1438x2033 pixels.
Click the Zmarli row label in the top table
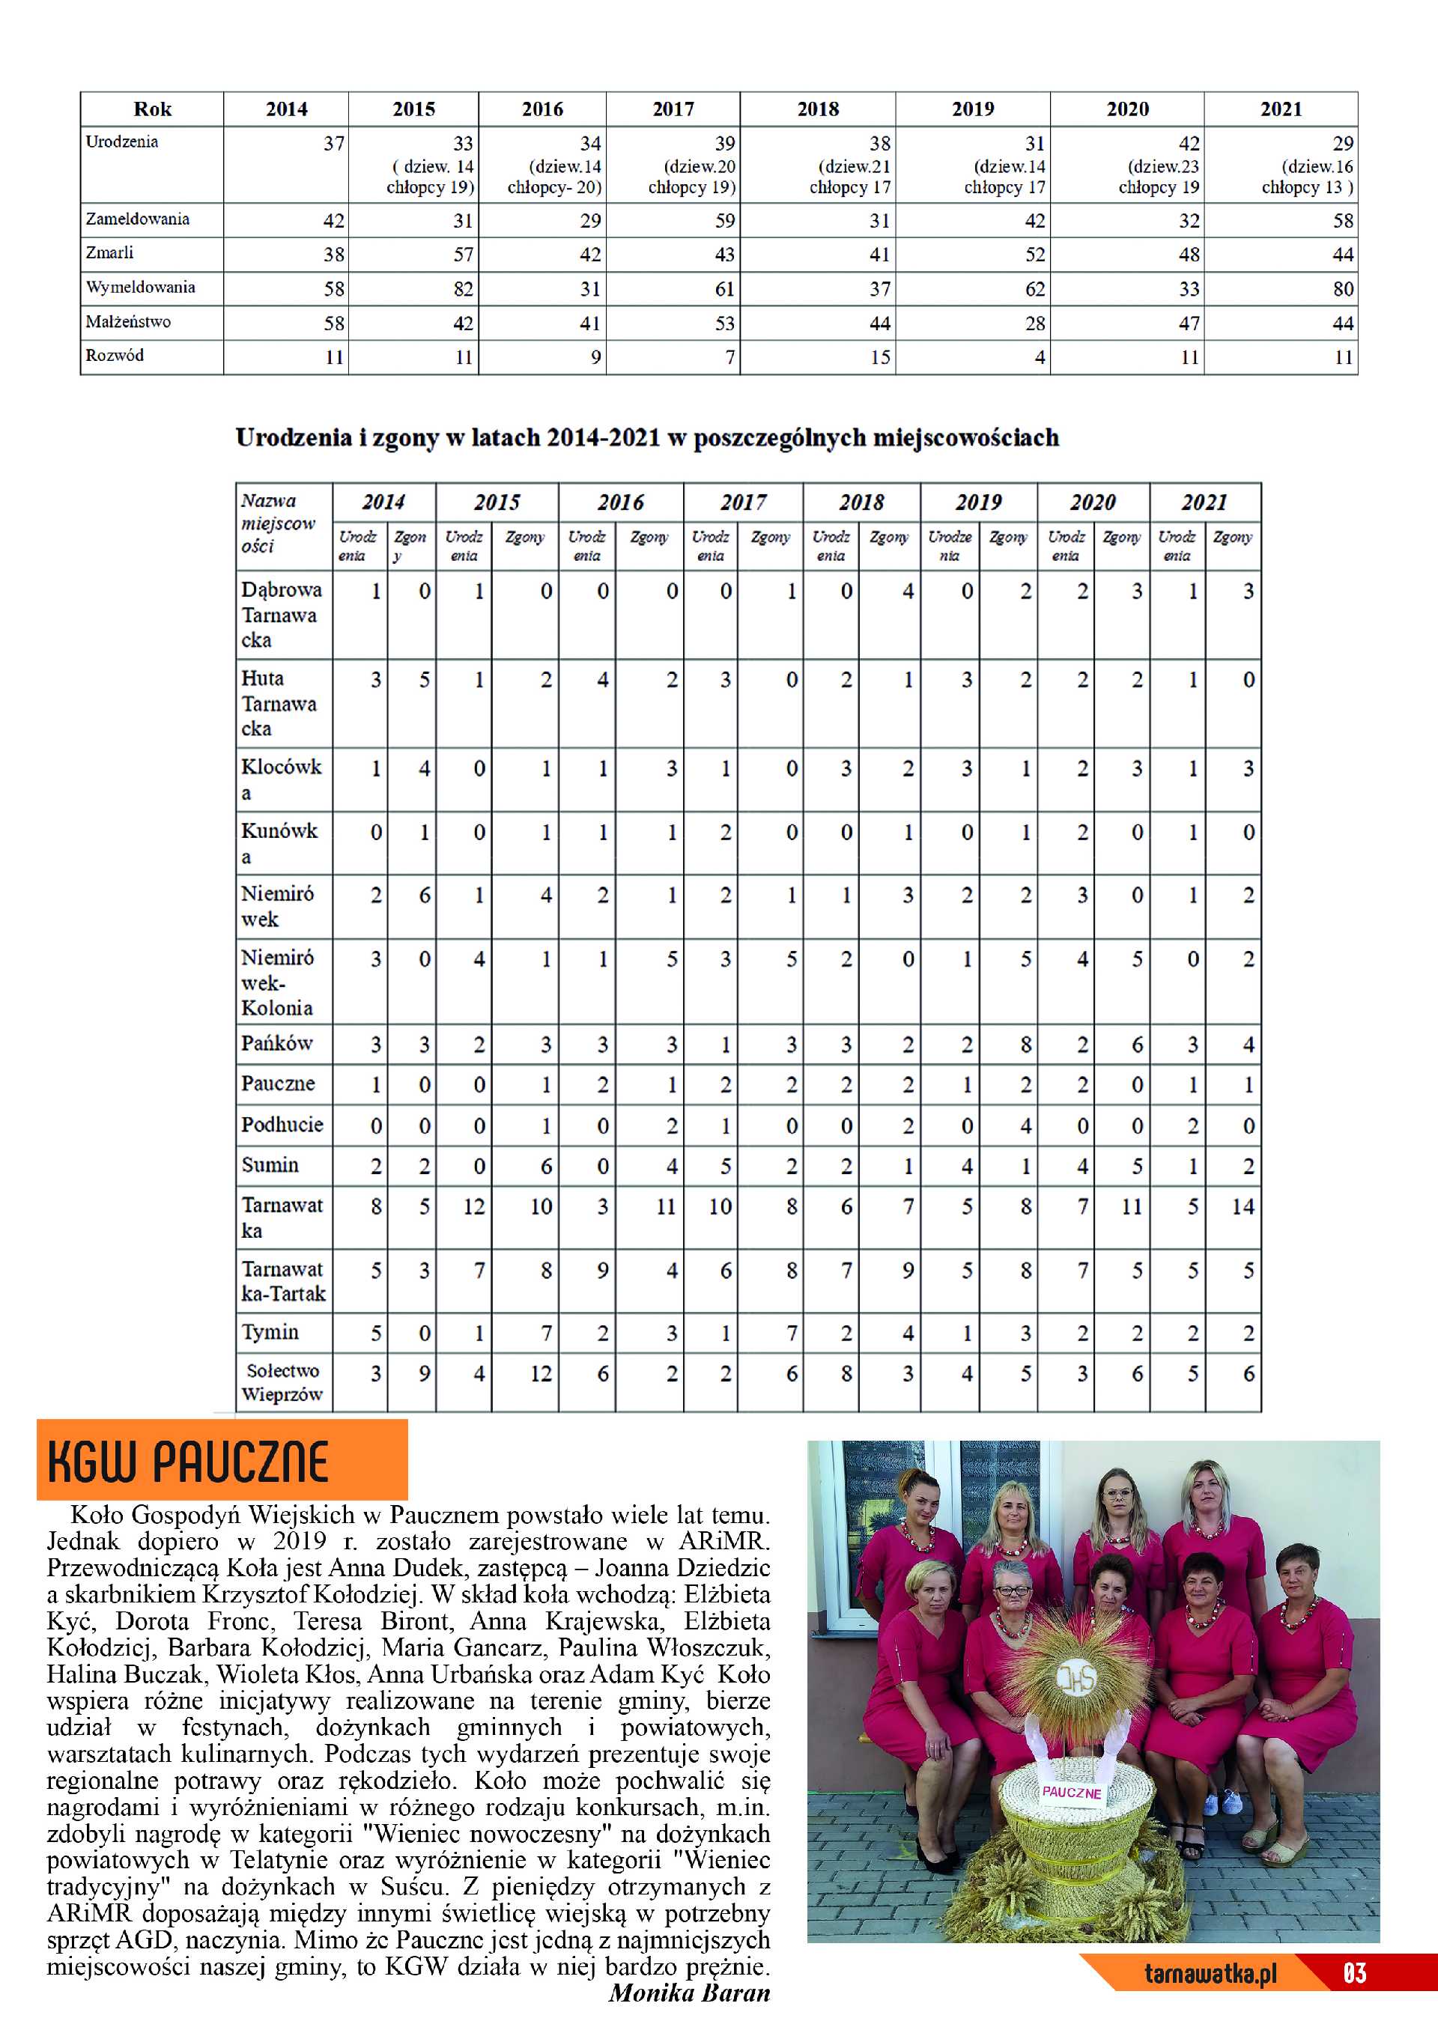[x=110, y=253]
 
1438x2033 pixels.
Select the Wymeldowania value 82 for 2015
[x=463, y=288]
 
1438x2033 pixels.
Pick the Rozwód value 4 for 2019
[x=1040, y=358]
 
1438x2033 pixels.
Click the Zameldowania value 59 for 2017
[x=724, y=220]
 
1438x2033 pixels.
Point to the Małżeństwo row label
[x=128, y=322]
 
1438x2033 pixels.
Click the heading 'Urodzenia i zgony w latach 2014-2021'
[x=646, y=438]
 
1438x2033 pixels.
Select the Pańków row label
[x=277, y=1043]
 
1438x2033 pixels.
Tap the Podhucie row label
[x=282, y=1125]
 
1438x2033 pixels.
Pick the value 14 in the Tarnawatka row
[x=1243, y=1206]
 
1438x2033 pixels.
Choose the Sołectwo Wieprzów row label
[x=282, y=1382]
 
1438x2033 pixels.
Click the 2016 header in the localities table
[x=620, y=503]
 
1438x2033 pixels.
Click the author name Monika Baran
[x=689, y=1993]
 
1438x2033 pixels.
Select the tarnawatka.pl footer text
[x=1210, y=1974]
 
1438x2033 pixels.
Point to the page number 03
[x=1355, y=1974]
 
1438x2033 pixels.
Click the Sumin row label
[x=270, y=1165]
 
